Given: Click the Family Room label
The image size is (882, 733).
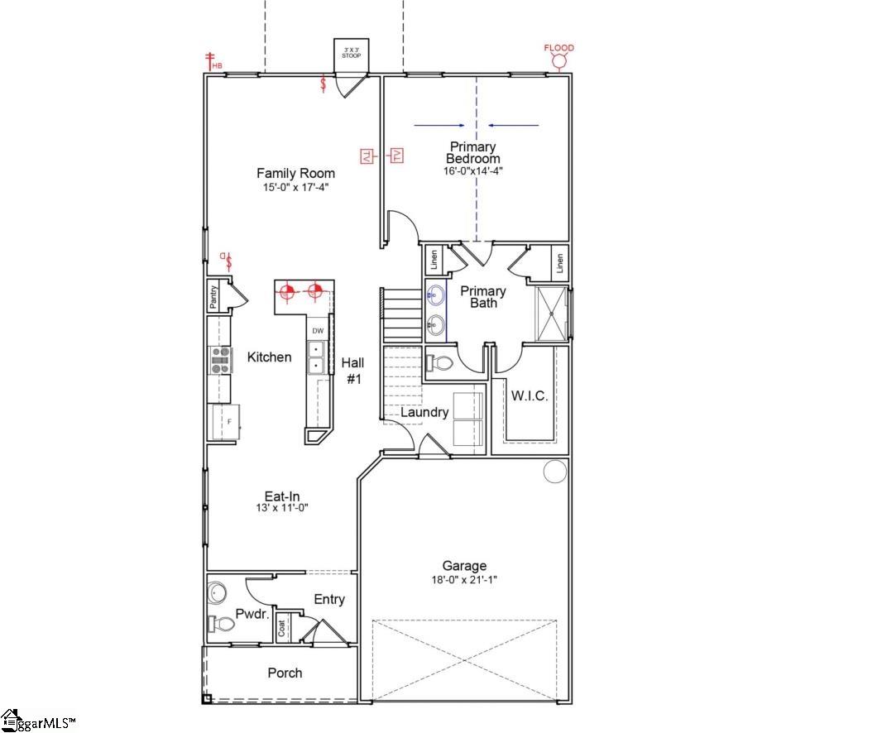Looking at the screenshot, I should [x=295, y=173].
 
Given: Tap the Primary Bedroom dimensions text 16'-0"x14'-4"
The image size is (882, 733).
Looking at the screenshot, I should [x=472, y=171].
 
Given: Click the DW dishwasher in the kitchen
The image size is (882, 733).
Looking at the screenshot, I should [x=317, y=331].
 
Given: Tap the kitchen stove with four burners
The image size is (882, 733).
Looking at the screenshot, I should [x=221, y=360].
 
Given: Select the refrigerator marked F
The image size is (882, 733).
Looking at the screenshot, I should [x=226, y=422].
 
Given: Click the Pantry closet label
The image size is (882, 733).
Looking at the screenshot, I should [x=214, y=296].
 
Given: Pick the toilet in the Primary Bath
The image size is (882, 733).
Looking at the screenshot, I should [x=440, y=362].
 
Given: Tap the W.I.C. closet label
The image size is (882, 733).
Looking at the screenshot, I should [x=529, y=396].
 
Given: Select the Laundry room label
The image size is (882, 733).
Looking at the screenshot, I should [x=424, y=412].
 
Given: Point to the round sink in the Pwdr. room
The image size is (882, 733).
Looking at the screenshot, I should [x=218, y=592].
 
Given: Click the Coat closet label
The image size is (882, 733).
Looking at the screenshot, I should [x=282, y=630].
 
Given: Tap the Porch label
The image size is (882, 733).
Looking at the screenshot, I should [x=285, y=673].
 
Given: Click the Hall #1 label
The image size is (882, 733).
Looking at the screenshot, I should [x=352, y=370].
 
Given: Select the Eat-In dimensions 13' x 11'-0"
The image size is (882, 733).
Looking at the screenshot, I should [x=281, y=508].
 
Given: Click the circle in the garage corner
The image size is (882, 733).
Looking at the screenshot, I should [x=554, y=471].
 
